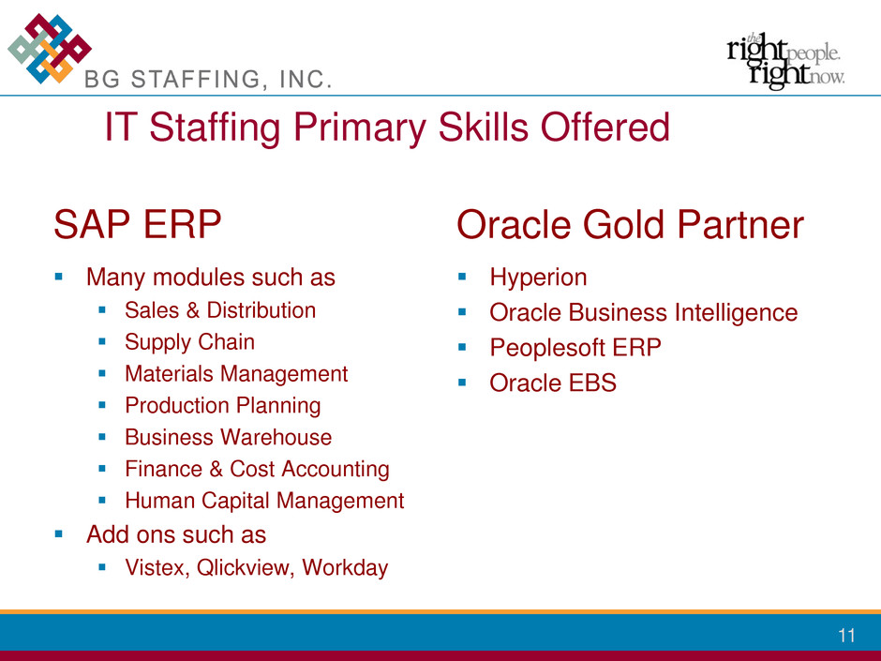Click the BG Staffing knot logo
[x=50, y=49]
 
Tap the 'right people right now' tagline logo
[x=785, y=61]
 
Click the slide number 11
[x=846, y=635]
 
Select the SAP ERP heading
[x=138, y=224]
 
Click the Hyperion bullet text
[x=538, y=278]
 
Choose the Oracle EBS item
[x=553, y=383]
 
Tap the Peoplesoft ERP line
[x=575, y=347]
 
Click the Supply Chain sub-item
[x=190, y=342]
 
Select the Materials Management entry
[x=236, y=374]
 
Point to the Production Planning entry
[x=223, y=405]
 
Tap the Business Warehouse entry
[x=228, y=437]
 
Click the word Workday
[x=345, y=567]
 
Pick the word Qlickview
[x=245, y=567]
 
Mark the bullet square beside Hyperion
[x=462, y=277]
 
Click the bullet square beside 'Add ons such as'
[x=59, y=534]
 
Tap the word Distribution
[x=261, y=310]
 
